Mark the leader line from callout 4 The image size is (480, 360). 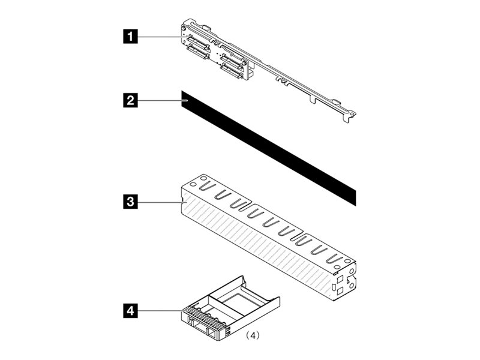(159, 310)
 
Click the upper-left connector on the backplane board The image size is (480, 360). (197, 43)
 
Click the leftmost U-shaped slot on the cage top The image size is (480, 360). (203, 190)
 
